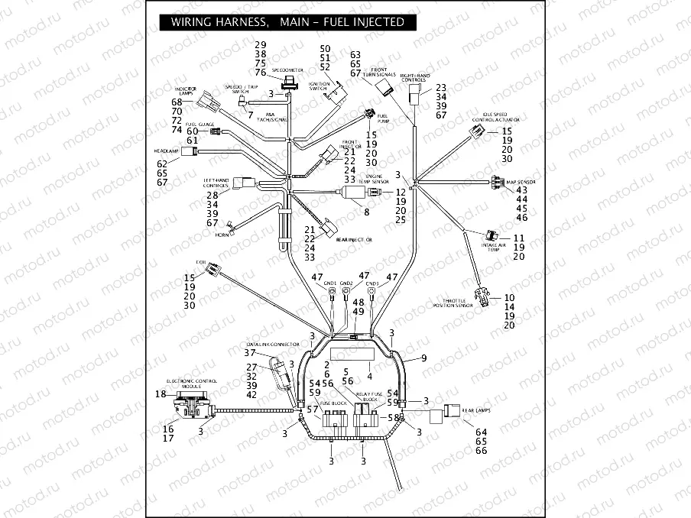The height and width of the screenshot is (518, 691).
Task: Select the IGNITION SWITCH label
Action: pyautogui.click(x=320, y=86)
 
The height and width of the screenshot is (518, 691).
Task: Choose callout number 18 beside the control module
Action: pyautogui.click(x=161, y=394)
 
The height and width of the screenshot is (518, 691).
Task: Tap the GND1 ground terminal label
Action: pyautogui.click(x=330, y=283)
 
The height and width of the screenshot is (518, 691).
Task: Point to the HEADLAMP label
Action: pyautogui.click(x=166, y=151)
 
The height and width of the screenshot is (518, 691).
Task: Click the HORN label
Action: pyautogui.click(x=222, y=235)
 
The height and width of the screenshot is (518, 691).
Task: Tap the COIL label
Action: pyautogui.click(x=202, y=262)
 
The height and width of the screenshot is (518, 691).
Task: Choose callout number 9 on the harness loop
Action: pyautogui.click(x=423, y=358)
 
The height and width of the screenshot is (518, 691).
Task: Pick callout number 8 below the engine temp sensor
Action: pyautogui.click(x=366, y=212)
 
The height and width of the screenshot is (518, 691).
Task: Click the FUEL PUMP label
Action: pyautogui.click(x=383, y=118)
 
